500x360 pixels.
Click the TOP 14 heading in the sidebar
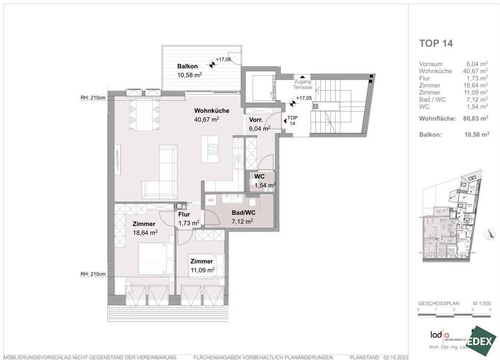point(436,43)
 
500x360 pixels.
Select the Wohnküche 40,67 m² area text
point(211,115)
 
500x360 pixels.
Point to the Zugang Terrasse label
point(302,84)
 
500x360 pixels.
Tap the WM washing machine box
point(211,201)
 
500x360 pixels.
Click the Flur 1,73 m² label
point(188,219)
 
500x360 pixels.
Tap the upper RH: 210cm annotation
point(93,99)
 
